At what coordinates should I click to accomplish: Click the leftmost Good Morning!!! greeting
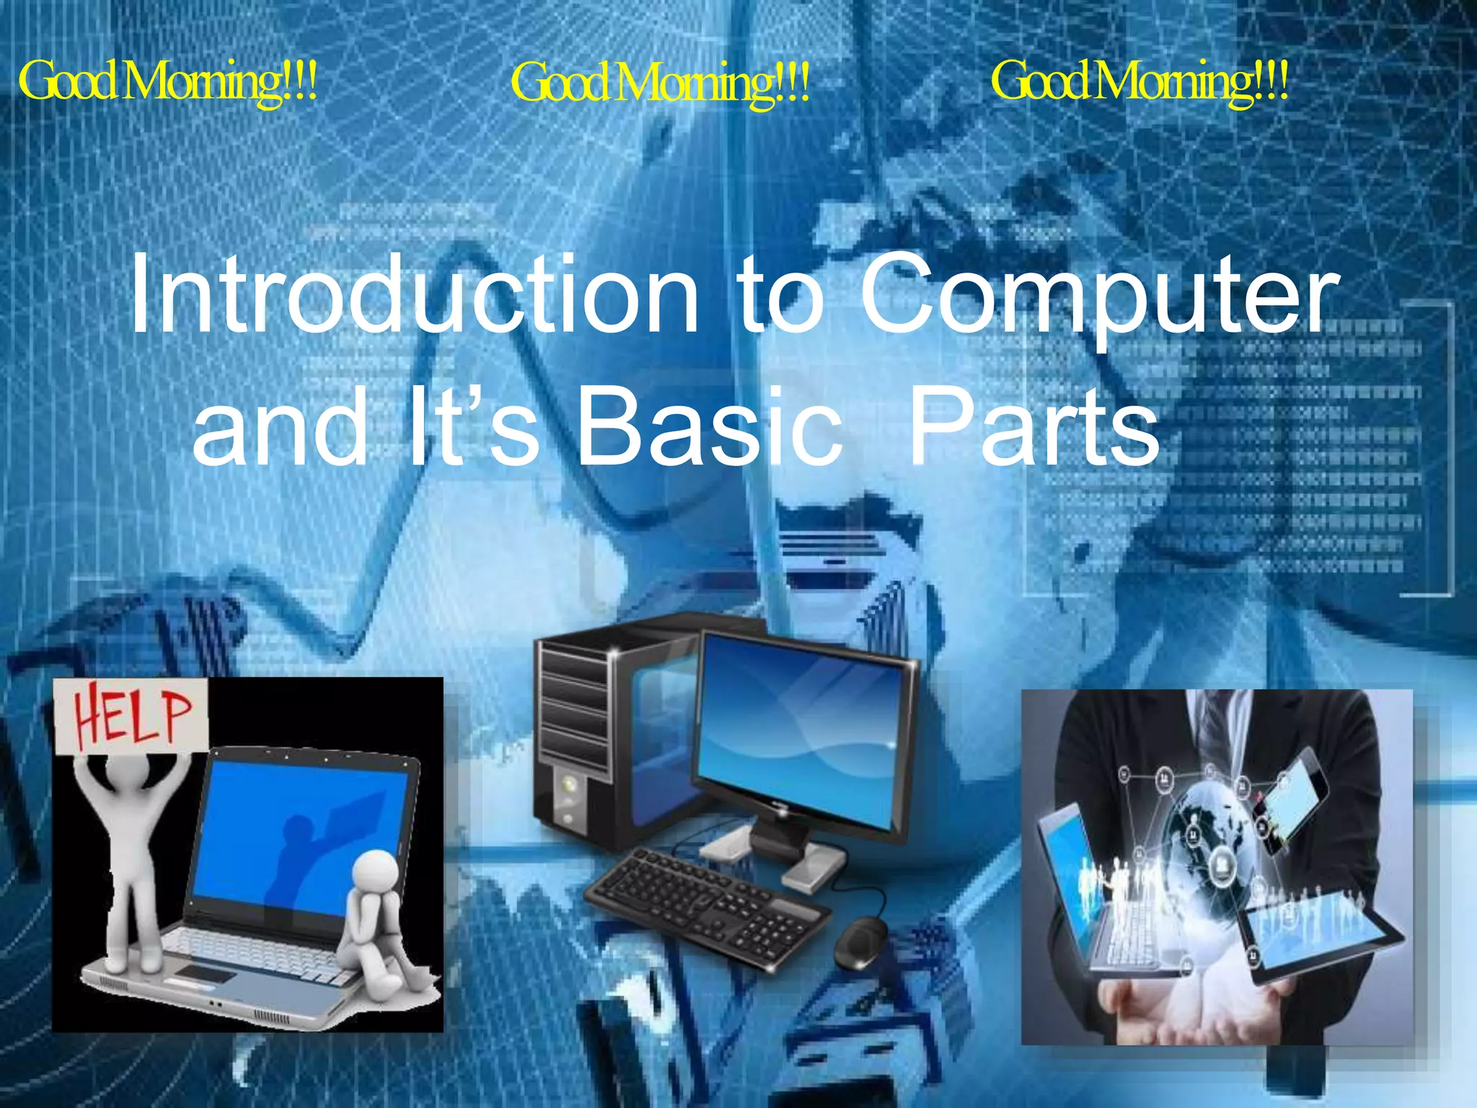click(167, 82)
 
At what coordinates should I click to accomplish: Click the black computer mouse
click(861, 941)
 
